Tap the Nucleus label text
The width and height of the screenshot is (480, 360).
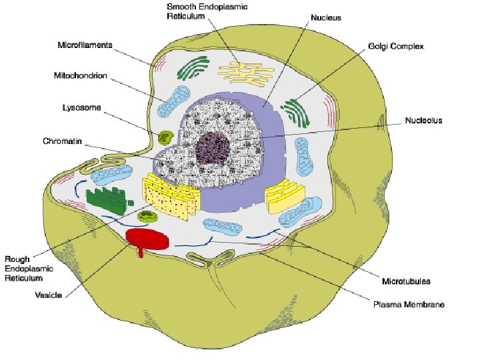(x=326, y=18)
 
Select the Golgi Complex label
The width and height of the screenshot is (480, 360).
(x=395, y=47)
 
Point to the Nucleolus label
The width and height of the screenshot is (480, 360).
(x=423, y=121)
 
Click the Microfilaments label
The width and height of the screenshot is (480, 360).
(x=84, y=46)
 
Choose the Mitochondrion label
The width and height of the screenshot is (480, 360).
(x=80, y=75)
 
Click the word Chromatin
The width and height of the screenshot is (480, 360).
(x=63, y=141)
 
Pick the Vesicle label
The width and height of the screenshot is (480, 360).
(x=48, y=295)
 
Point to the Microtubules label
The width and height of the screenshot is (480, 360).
(x=405, y=281)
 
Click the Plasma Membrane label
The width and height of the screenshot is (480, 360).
(x=409, y=304)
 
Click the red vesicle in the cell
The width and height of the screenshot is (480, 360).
(x=147, y=239)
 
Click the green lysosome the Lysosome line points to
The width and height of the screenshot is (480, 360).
(x=165, y=137)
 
